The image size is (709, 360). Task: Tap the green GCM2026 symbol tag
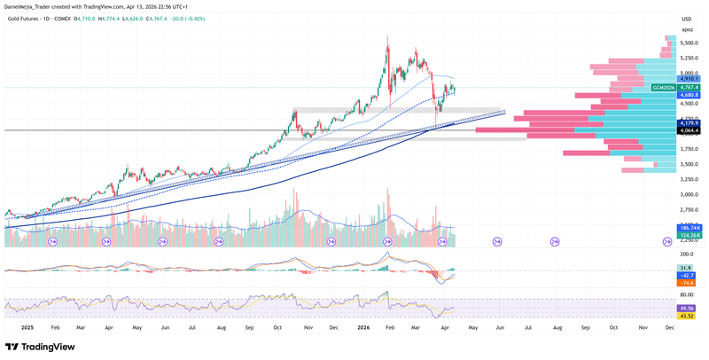pyautogui.click(x=664, y=88)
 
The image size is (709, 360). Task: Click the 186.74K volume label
pyautogui.click(x=690, y=228)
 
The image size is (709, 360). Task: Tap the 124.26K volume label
pyautogui.click(x=690, y=236)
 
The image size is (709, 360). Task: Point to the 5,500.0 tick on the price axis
pyautogui.click(x=690, y=43)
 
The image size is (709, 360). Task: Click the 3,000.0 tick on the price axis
pyautogui.click(x=690, y=194)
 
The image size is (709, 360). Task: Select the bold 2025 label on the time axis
pyautogui.click(x=27, y=327)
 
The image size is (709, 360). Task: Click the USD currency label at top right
pyautogui.click(x=686, y=19)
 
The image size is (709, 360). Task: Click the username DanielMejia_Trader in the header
pyautogui.click(x=34, y=5)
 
